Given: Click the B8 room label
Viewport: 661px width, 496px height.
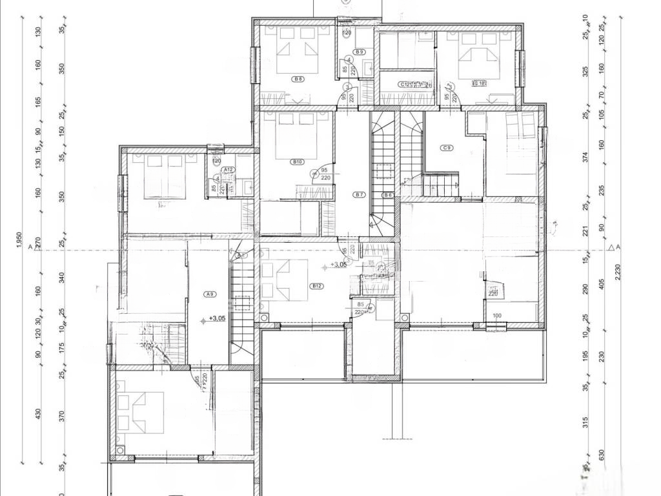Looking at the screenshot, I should (298, 79).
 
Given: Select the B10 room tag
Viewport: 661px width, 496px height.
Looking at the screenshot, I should (298, 162).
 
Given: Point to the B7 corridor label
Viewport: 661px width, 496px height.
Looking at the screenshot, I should (360, 194).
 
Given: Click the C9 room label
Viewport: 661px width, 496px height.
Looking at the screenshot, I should (446, 148).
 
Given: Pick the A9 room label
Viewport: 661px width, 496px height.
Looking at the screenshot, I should (209, 294).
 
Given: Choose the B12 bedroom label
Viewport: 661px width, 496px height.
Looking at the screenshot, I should (316, 286).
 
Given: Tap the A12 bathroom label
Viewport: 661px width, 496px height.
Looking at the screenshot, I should (228, 169).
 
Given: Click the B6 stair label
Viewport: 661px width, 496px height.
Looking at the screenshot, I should (387, 194).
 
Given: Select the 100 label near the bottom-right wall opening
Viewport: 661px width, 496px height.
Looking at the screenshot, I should (496, 316).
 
